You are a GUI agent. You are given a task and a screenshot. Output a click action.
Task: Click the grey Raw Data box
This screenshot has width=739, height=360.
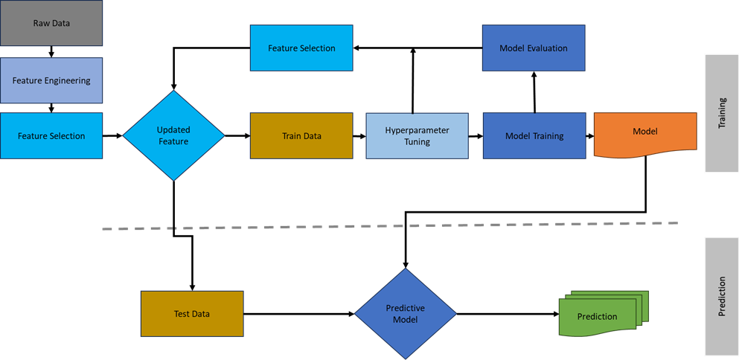(51, 23)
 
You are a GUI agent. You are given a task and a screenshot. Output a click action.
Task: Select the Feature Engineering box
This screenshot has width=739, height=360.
(51, 80)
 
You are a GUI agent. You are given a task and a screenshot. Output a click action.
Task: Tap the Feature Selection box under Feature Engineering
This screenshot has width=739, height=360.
(51, 135)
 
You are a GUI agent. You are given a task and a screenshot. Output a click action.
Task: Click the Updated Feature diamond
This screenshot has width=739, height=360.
(173, 135)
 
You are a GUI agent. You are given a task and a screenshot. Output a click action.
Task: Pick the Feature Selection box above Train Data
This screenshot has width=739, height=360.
(301, 48)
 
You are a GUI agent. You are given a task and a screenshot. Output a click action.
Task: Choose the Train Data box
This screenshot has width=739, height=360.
(301, 136)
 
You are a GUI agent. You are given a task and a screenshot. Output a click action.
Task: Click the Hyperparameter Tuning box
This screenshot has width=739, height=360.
(417, 136)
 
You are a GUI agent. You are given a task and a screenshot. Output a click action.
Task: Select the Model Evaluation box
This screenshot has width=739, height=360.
(534, 48)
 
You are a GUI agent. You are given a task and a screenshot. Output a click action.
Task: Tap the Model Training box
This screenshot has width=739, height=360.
(534, 136)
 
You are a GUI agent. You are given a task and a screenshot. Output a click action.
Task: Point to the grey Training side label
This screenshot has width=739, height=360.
(721, 113)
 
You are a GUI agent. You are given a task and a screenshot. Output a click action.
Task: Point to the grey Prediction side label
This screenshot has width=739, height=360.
(721, 296)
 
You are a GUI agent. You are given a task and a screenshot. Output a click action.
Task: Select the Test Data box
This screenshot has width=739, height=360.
(192, 314)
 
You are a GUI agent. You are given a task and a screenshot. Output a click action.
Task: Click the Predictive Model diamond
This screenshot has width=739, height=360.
(405, 314)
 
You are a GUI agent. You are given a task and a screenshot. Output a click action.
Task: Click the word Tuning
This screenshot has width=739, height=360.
(417, 142)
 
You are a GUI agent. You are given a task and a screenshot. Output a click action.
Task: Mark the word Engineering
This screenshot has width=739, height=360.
(67, 80)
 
